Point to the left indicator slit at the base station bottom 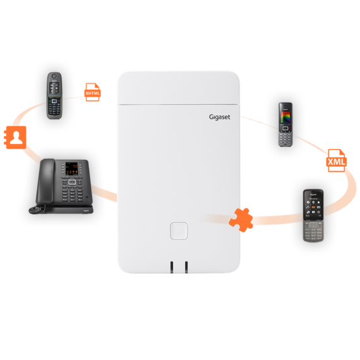tap(171, 266)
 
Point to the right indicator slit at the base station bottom tap(186, 266)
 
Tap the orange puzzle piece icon tap(243, 219)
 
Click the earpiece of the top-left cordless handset tap(55, 77)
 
